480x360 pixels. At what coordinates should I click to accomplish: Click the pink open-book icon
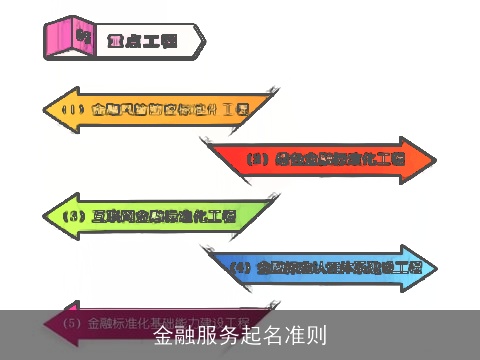click(x=70, y=37)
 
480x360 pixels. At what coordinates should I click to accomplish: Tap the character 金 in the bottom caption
click(x=164, y=335)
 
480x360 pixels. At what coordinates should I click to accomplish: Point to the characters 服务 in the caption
click(x=218, y=335)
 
